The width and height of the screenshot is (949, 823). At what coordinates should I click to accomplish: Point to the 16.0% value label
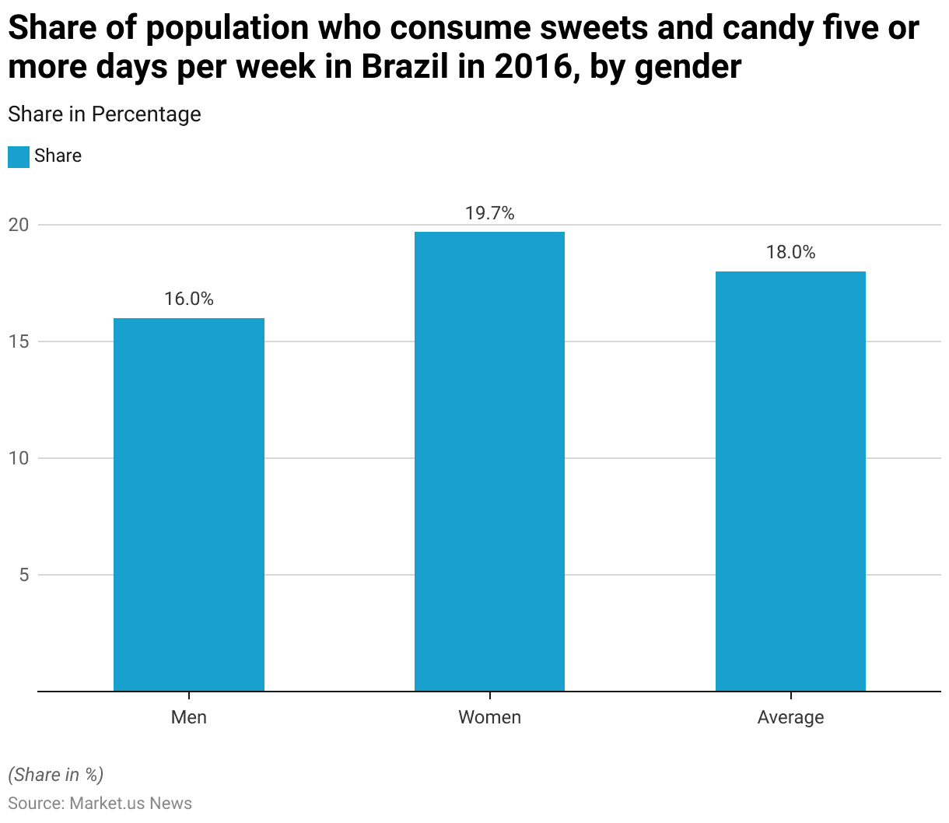point(189,299)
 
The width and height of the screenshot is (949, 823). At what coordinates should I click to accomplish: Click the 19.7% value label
point(489,213)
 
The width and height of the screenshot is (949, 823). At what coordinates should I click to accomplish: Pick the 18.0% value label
point(790,252)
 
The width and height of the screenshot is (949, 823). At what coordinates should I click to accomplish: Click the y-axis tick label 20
point(19,225)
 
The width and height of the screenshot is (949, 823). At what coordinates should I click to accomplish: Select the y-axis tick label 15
point(19,341)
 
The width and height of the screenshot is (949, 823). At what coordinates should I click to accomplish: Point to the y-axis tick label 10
point(19,458)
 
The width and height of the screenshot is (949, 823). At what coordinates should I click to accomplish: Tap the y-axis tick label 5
point(23,575)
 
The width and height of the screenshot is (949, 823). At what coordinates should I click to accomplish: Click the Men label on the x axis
point(189,717)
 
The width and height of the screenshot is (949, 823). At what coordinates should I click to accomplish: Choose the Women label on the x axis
point(489,717)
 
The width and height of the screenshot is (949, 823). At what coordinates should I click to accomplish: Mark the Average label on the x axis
point(790,717)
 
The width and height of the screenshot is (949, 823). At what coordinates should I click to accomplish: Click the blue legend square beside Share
point(19,156)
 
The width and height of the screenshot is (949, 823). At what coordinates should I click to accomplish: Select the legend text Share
point(58,156)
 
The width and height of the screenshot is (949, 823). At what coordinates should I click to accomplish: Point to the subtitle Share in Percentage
point(104,114)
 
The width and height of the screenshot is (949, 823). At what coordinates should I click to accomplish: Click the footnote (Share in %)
point(55,775)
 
